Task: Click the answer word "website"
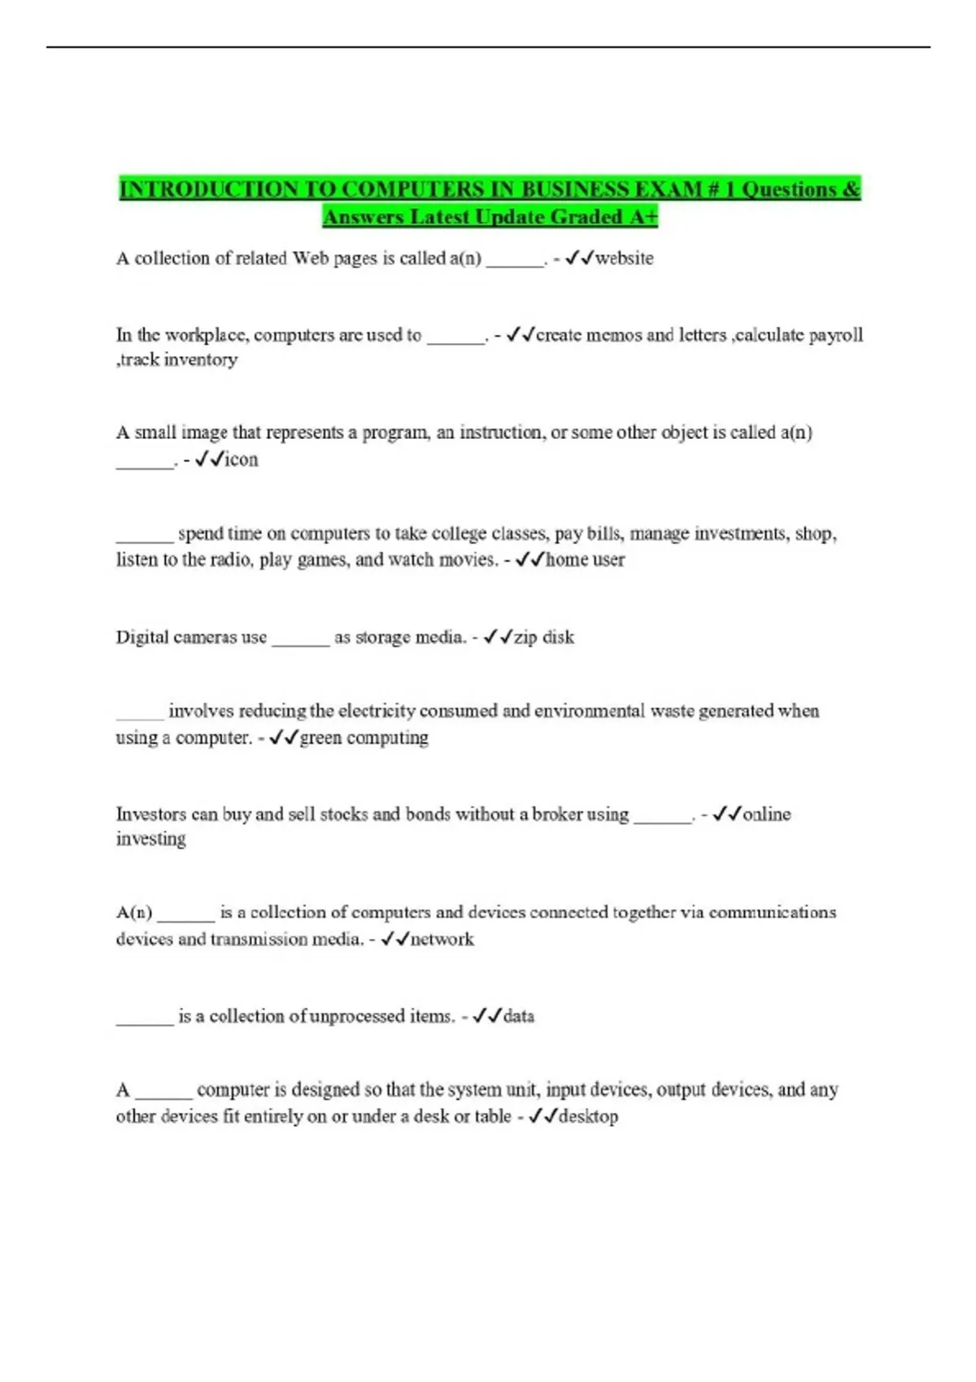624,259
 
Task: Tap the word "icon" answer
241,459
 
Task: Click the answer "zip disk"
543,637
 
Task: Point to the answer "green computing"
364,738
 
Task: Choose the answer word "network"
442,940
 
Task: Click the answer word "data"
518,1016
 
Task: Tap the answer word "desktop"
588,1117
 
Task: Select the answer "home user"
585,560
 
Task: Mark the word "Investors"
150,815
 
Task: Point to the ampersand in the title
851,189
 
